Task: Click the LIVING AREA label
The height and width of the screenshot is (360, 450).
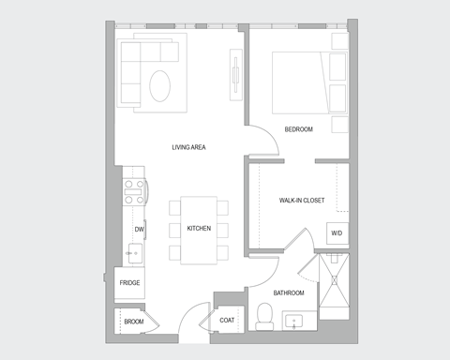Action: (188, 147)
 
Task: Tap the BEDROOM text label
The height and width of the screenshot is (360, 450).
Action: (298, 128)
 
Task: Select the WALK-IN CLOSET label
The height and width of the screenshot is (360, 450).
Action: (302, 201)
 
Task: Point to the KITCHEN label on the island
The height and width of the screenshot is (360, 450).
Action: (198, 229)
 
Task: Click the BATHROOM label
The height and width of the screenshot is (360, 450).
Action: (289, 292)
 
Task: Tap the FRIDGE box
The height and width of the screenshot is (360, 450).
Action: (130, 282)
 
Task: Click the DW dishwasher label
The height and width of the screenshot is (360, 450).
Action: (139, 229)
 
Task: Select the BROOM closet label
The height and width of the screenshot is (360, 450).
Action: (133, 322)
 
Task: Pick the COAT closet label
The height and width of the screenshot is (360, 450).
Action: (227, 321)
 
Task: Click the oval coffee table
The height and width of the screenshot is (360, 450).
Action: (162, 87)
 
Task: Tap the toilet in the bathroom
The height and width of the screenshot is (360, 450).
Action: (263, 320)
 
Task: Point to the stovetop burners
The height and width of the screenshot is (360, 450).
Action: (134, 191)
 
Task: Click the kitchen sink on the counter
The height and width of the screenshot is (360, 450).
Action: (133, 251)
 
